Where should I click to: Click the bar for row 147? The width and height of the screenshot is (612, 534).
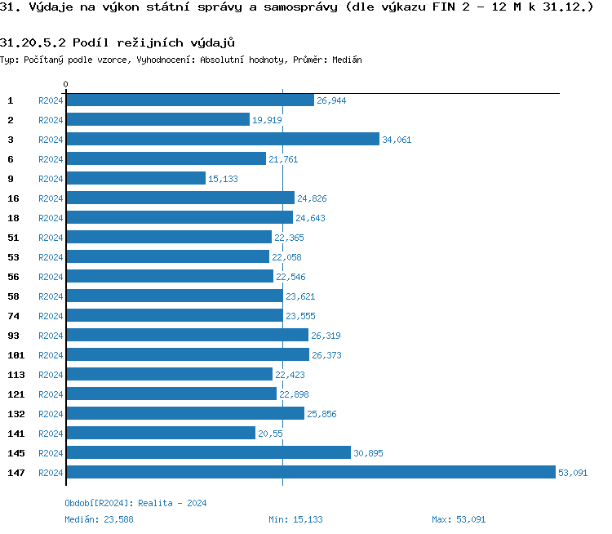tap(310, 472)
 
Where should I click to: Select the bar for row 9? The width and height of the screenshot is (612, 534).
tap(135, 178)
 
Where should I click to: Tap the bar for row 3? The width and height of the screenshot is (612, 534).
tap(223, 139)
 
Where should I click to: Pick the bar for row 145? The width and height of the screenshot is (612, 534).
tap(208, 452)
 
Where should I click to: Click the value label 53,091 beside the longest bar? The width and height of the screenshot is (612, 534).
tap(573, 473)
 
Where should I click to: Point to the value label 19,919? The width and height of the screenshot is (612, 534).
tap(267, 120)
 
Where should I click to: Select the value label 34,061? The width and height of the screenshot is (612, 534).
tap(397, 140)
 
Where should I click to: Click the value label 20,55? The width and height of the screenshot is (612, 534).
tap(270, 434)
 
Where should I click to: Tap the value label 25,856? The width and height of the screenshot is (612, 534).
tap(322, 414)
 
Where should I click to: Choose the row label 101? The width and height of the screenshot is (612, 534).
tap(16, 355)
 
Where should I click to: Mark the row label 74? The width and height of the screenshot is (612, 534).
tap(14, 316)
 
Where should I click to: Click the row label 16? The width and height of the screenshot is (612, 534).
tap(14, 198)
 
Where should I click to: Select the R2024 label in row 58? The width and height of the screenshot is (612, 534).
tap(51, 296)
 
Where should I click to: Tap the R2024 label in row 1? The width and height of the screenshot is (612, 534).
tap(51, 100)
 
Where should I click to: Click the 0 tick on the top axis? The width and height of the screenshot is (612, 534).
tap(66, 84)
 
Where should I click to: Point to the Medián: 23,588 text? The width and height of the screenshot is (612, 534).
tap(99, 519)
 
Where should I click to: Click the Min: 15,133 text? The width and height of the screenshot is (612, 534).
tap(295, 519)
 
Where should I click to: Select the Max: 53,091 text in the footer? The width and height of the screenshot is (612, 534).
tap(459, 519)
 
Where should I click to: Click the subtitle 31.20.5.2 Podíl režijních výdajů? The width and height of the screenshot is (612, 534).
tap(111, 42)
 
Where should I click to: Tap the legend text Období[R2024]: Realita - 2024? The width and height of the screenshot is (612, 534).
tap(135, 503)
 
